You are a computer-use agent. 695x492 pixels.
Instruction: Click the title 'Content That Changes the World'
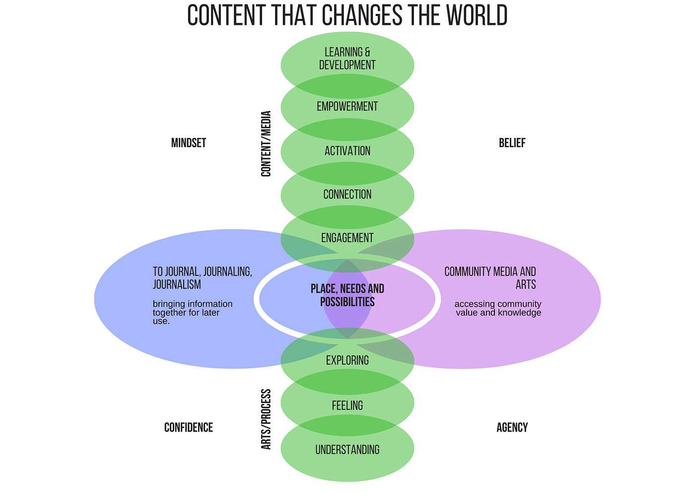pyautogui.click(x=347, y=15)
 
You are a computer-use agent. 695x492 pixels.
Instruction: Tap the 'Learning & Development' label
pyautogui.click(x=347, y=59)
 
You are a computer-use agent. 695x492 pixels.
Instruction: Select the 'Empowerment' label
pyautogui.click(x=347, y=106)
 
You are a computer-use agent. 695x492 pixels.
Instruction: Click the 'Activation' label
pyautogui.click(x=347, y=151)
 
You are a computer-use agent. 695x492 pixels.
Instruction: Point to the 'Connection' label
pyautogui.click(x=347, y=194)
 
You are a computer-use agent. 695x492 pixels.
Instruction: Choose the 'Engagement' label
pyautogui.click(x=347, y=238)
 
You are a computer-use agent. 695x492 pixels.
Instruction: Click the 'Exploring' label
pyautogui.click(x=347, y=360)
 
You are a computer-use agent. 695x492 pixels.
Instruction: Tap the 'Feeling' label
pyautogui.click(x=347, y=406)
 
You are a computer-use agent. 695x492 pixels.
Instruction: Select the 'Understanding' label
pyautogui.click(x=347, y=450)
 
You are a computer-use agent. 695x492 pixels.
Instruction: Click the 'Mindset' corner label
pyautogui.click(x=189, y=143)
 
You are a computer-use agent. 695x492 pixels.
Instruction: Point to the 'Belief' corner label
pyautogui.click(x=512, y=143)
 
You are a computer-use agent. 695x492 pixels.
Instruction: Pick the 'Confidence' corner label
pyautogui.click(x=189, y=427)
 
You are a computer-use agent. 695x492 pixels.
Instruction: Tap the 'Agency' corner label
pyautogui.click(x=512, y=427)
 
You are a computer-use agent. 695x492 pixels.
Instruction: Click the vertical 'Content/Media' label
pyautogui.click(x=267, y=144)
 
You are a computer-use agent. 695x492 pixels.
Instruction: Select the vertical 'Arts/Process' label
pyautogui.click(x=267, y=419)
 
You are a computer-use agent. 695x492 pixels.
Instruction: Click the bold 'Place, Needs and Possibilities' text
pyautogui.click(x=347, y=295)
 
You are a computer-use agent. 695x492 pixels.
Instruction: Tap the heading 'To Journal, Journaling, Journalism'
pyautogui.click(x=203, y=278)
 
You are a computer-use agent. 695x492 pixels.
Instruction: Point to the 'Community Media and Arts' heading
pyautogui.click(x=490, y=278)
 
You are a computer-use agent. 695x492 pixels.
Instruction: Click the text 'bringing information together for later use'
pyautogui.click(x=193, y=313)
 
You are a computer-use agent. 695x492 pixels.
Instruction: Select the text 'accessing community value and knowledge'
pyautogui.click(x=498, y=308)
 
